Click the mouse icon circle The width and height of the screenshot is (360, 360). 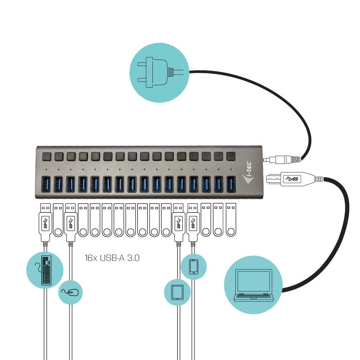(71, 293)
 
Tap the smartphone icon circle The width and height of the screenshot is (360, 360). (194, 266)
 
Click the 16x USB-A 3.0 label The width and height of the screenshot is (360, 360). (112, 258)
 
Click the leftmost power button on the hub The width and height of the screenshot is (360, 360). (47, 156)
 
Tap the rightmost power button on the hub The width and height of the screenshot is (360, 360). (231, 156)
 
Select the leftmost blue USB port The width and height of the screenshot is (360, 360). (46, 184)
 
